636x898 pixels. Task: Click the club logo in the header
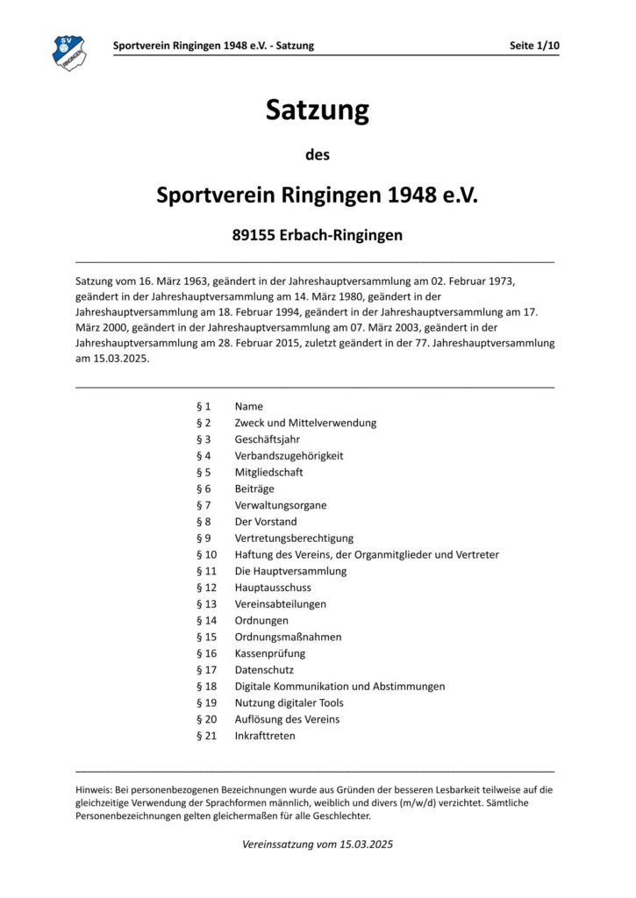(68, 52)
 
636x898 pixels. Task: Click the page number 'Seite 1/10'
(533, 45)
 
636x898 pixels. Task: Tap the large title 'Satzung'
(317, 111)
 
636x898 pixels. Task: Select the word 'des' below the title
(317, 155)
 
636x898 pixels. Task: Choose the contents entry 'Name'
(249, 407)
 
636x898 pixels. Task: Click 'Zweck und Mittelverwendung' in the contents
(305, 423)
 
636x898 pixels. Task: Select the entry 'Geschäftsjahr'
(267, 439)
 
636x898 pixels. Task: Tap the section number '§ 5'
(204, 472)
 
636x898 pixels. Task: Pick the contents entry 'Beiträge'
(254, 488)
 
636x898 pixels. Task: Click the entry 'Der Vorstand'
(266, 522)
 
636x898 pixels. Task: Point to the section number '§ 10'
(206, 554)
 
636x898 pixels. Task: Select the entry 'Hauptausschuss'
(273, 588)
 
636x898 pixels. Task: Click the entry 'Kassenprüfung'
(270, 653)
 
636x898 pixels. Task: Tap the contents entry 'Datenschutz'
(265, 670)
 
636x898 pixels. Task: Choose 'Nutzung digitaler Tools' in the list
(289, 702)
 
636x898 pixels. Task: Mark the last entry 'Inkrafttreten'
(265, 736)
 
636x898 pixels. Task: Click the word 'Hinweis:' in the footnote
(94, 789)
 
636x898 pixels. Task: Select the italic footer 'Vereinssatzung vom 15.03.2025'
(317, 845)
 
